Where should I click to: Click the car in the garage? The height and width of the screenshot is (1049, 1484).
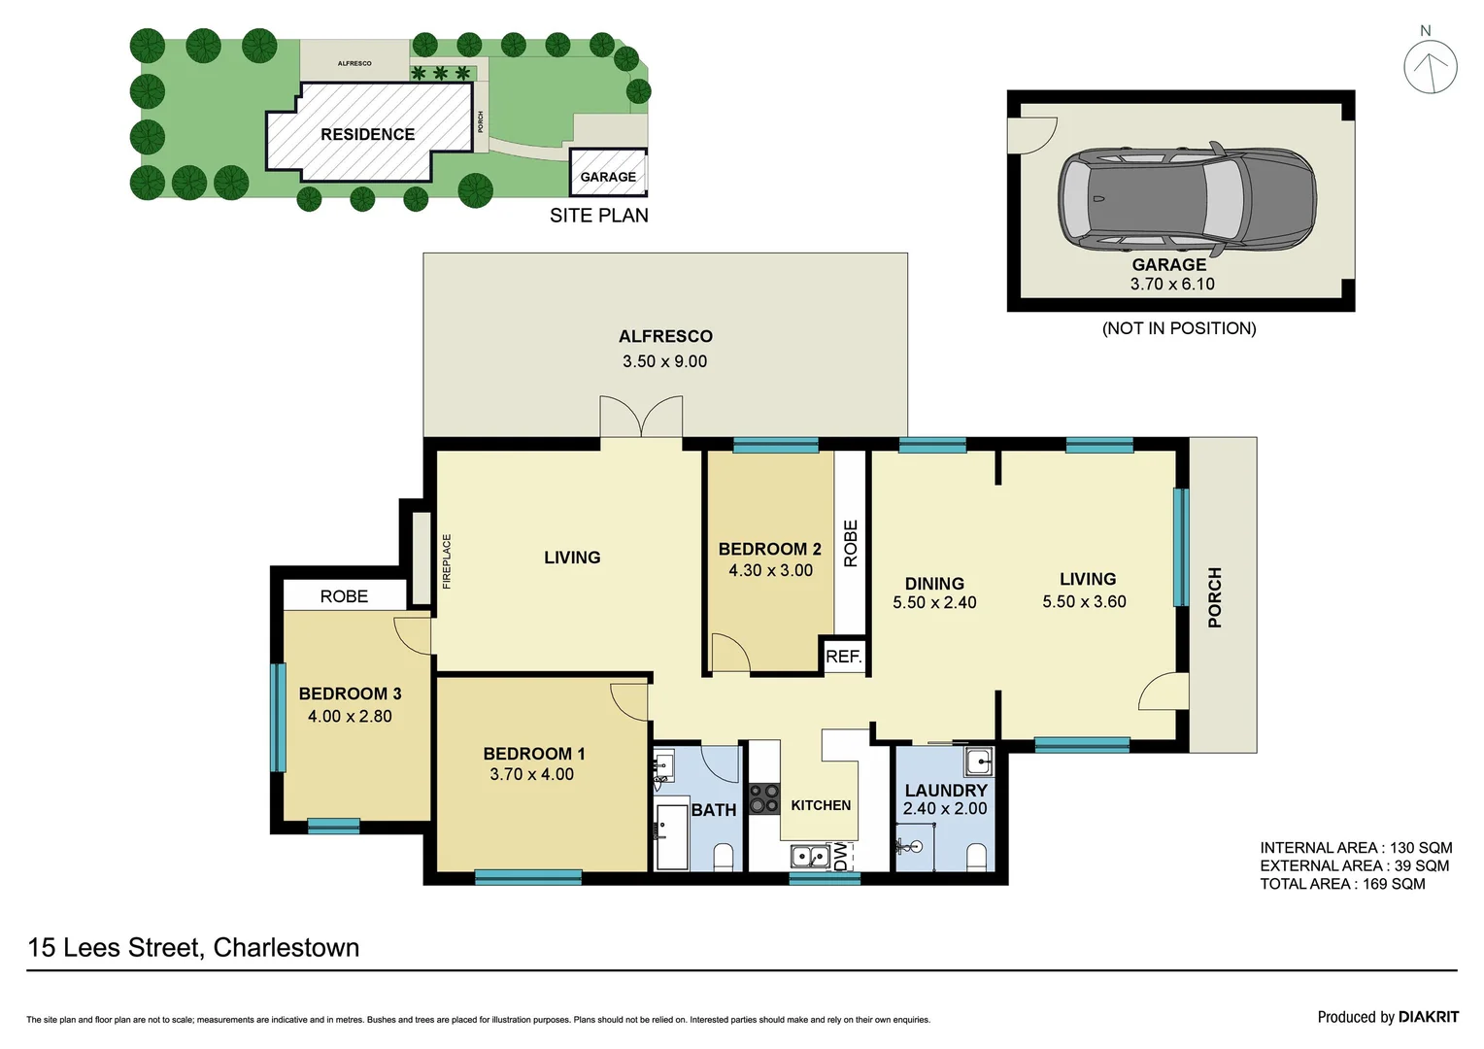pyautogui.click(x=1187, y=198)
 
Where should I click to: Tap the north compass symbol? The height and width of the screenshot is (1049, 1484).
pyautogui.click(x=1430, y=66)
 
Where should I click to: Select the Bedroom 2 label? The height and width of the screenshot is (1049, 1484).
pyautogui.click(x=769, y=549)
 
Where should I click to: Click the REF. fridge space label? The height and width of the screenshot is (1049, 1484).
pyautogui.click(x=843, y=657)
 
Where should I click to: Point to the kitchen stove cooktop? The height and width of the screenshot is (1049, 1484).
pyautogui.click(x=764, y=798)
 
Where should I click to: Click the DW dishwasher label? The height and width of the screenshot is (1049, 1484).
pyautogui.click(x=841, y=856)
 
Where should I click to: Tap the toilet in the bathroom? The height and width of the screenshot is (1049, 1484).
pyautogui.click(x=724, y=857)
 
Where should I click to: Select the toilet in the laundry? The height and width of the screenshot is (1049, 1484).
pyautogui.click(x=976, y=857)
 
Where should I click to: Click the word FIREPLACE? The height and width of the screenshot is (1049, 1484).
pyautogui.click(x=447, y=561)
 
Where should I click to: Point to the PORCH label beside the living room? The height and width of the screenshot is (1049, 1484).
pyautogui.click(x=1214, y=597)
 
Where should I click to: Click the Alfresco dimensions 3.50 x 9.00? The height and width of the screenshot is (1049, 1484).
pyautogui.click(x=664, y=361)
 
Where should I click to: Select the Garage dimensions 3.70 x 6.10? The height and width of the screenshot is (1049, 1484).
pyautogui.click(x=1171, y=285)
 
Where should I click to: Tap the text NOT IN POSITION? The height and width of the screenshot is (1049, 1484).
pyautogui.click(x=1178, y=328)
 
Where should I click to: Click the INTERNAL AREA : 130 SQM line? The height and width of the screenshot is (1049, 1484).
pyautogui.click(x=1356, y=848)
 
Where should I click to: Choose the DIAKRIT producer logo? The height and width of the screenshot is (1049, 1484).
pyautogui.click(x=1428, y=1017)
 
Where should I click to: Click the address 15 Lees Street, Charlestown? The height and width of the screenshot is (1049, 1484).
pyautogui.click(x=193, y=948)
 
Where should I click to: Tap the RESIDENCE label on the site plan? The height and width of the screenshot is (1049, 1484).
pyautogui.click(x=367, y=134)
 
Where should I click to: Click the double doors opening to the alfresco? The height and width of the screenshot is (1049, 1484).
pyautogui.click(x=641, y=418)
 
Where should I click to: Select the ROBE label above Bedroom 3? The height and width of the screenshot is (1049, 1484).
pyautogui.click(x=344, y=596)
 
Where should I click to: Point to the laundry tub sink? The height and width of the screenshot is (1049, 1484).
pyautogui.click(x=978, y=761)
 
